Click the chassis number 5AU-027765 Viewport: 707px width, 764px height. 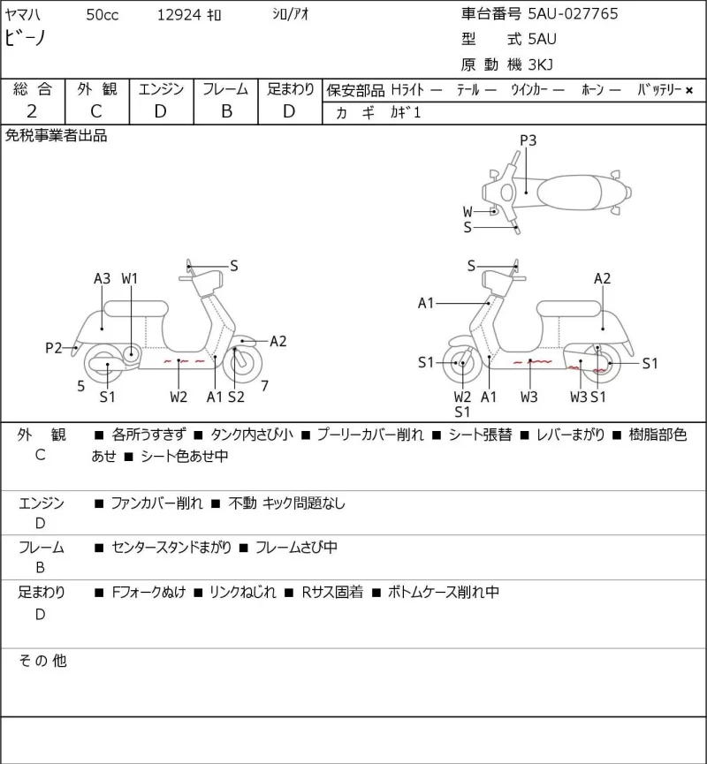click(573, 13)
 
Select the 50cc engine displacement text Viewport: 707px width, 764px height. click(103, 15)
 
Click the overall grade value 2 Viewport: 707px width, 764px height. click(32, 111)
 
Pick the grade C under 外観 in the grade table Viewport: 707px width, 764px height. click(96, 111)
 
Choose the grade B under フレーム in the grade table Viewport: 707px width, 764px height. click(226, 111)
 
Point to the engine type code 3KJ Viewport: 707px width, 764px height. click(541, 64)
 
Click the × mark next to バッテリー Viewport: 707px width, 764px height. click(689, 90)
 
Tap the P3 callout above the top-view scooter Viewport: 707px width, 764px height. click(528, 140)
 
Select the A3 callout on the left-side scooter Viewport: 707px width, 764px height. click(102, 279)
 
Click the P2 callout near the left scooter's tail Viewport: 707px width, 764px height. click(54, 348)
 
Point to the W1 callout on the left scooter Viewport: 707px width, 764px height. click(130, 279)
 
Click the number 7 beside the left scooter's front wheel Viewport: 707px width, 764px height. click(265, 386)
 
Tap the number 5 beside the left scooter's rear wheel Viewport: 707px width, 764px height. click(81, 386)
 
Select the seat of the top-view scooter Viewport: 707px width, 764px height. click(569, 193)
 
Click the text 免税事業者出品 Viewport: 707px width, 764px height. click(56, 135)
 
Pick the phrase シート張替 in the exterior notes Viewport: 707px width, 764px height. click(480, 435)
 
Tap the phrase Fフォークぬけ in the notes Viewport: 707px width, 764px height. click(148, 592)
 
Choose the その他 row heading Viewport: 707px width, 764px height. click(42, 661)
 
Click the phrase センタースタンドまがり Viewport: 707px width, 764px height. click(171, 548)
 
